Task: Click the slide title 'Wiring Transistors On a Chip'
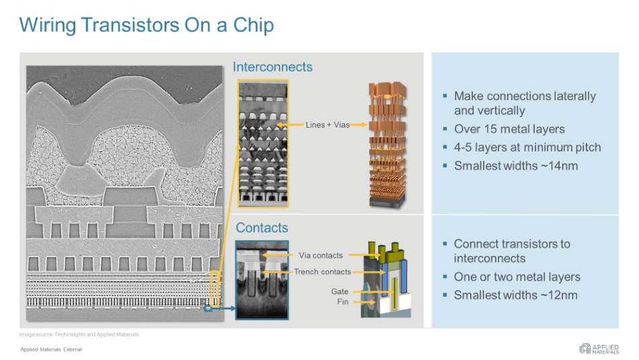pyautogui.click(x=147, y=26)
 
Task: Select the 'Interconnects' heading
pyautogui.click(x=272, y=67)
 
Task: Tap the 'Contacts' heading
pyautogui.click(x=262, y=228)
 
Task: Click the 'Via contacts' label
pyautogui.click(x=320, y=256)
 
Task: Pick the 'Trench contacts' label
pyautogui.click(x=322, y=272)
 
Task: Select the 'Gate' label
pyautogui.click(x=340, y=291)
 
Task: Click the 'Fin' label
pyautogui.click(x=342, y=302)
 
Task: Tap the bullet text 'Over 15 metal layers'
pyautogui.click(x=509, y=129)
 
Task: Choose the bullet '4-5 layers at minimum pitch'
pyautogui.click(x=527, y=147)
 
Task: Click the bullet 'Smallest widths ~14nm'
pyautogui.click(x=515, y=166)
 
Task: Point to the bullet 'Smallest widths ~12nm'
pyautogui.click(x=515, y=295)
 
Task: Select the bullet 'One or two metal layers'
pyautogui.click(x=517, y=277)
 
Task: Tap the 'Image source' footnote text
pyautogui.click(x=79, y=334)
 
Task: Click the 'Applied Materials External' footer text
pyautogui.click(x=51, y=349)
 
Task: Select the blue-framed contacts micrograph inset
pyautogui.click(x=262, y=279)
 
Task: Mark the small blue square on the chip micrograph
pyautogui.click(x=208, y=310)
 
